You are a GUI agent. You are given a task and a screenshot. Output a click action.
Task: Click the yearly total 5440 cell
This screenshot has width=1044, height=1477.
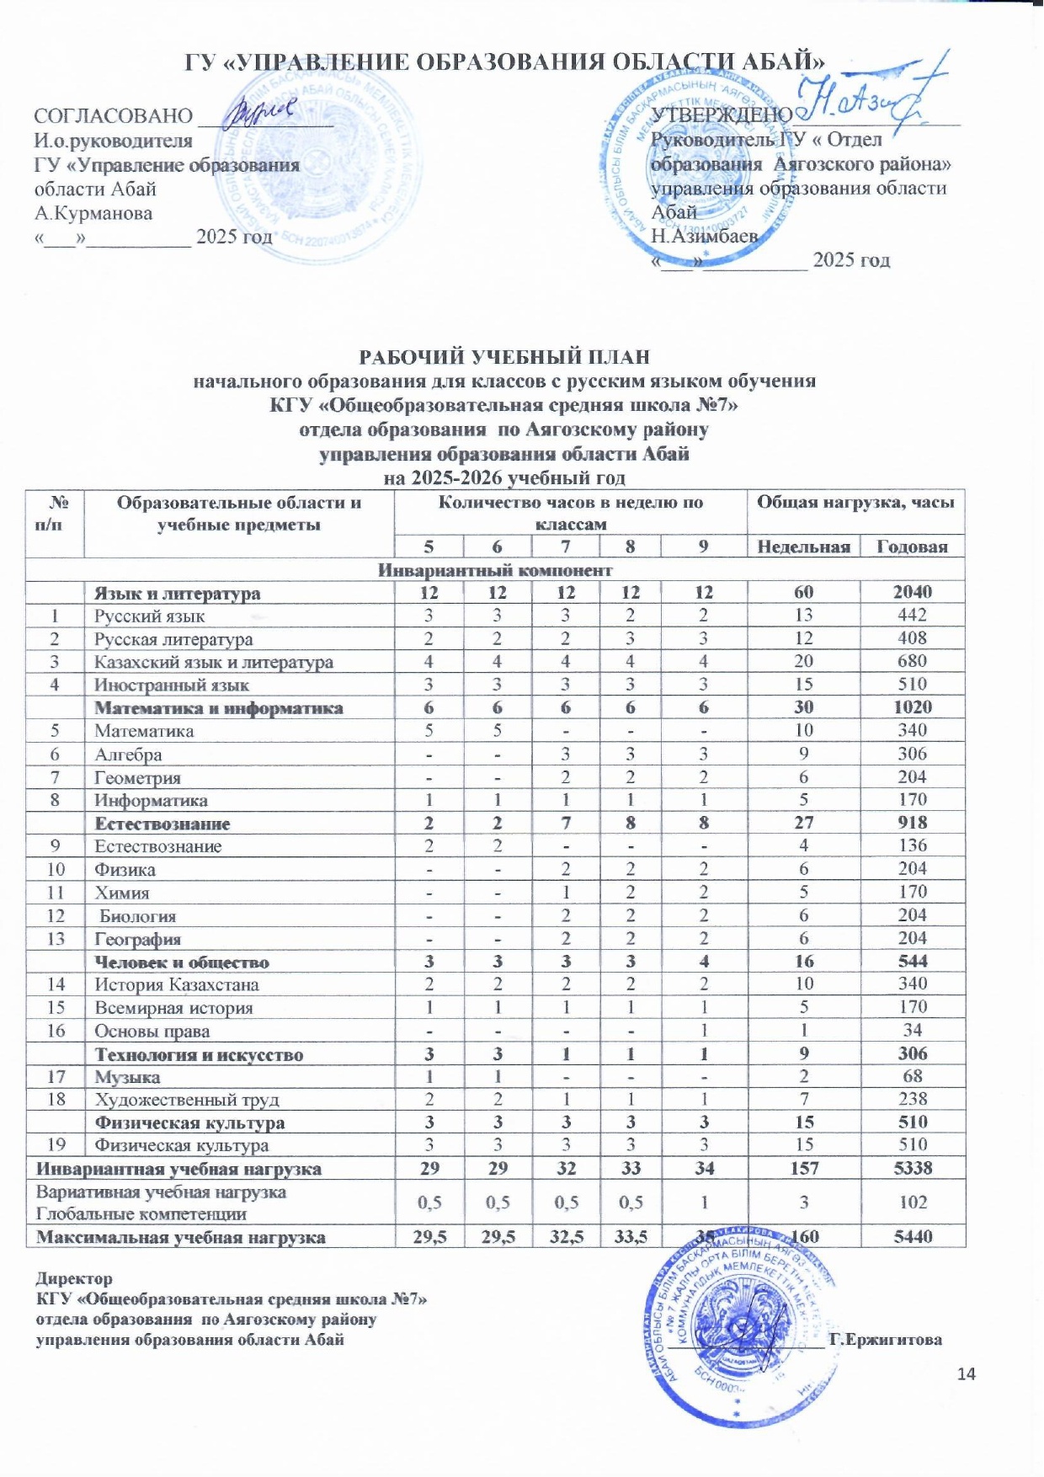(913, 1237)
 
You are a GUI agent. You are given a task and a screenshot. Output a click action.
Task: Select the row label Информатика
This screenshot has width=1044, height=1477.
(151, 801)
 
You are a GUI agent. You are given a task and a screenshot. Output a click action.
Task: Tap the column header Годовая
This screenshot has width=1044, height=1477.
(913, 547)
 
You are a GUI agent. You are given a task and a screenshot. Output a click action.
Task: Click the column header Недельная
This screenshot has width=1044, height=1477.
(803, 547)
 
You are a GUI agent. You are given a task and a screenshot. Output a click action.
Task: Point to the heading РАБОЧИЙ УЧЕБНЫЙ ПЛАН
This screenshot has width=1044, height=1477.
(504, 356)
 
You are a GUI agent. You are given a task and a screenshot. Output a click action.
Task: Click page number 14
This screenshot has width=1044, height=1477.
(967, 1374)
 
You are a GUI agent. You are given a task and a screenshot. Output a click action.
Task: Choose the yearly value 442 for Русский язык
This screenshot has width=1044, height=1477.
(913, 616)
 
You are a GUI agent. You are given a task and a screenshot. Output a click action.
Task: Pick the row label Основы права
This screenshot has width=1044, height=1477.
(152, 1032)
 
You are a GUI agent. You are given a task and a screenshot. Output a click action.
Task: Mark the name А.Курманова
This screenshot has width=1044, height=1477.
(93, 213)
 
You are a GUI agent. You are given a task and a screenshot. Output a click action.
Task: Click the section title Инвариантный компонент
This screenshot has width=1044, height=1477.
(495, 570)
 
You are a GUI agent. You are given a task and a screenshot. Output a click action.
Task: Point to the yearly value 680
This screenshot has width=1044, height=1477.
(913, 662)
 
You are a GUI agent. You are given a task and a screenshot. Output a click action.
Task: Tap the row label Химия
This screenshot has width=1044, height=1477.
(122, 893)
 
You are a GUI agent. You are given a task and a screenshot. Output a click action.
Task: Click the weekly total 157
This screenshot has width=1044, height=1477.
(803, 1169)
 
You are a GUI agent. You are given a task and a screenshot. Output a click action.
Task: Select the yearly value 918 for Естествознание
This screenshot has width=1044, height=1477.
(913, 823)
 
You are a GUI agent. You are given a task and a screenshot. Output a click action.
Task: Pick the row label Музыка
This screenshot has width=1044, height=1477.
(127, 1077)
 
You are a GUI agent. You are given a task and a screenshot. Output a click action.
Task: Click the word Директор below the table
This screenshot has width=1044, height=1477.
(74, 1279)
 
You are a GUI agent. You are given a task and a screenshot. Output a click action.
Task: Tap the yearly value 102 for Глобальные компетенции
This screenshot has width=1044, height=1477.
(913, 1202)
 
